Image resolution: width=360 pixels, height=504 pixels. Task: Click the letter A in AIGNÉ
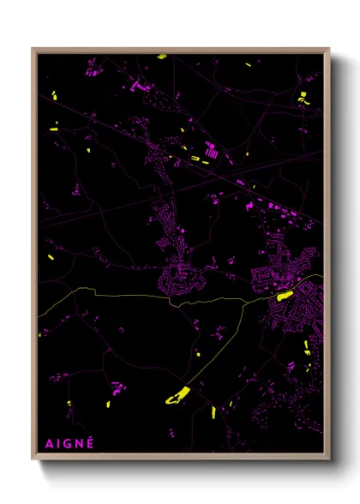[47, 444]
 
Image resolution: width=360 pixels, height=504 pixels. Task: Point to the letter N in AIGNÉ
[79, 444]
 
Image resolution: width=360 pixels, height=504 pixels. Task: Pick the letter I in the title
[57, 444]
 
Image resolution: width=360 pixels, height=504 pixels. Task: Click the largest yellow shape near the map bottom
[177, 395]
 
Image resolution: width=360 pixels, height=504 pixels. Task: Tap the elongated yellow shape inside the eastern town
[283, 296]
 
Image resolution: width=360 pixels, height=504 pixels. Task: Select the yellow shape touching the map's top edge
[161, 57]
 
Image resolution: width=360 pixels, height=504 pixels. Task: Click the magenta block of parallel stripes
[211, 151]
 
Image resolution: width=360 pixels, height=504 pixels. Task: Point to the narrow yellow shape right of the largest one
[213, 412]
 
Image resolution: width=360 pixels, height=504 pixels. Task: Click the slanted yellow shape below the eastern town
[306, 347]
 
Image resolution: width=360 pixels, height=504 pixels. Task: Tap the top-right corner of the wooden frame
[329, 49]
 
